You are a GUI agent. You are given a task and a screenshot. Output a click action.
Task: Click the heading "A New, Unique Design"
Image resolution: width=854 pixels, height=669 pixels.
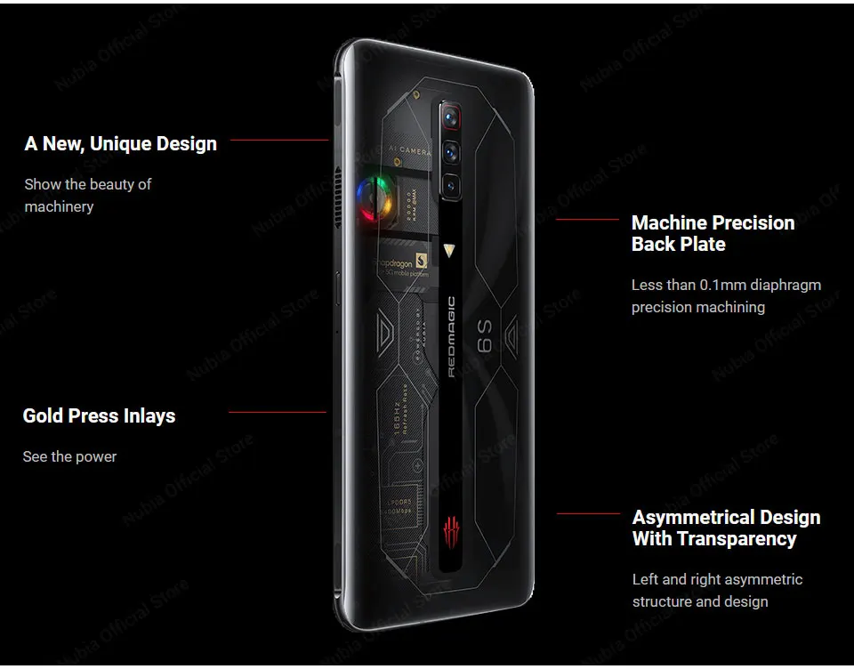point(120,143)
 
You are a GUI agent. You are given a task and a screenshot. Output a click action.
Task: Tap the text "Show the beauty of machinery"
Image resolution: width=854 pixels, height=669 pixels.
point(87,195)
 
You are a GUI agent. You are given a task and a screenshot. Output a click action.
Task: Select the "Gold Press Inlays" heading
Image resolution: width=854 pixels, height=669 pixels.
point(99,415)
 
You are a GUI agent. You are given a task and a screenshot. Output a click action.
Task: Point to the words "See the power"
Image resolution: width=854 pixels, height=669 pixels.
point(69,456)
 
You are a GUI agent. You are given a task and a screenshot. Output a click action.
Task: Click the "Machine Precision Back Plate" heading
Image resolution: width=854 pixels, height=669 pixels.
point(713,233)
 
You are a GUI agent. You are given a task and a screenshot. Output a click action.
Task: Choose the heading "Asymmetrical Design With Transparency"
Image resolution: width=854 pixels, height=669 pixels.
point(726,528)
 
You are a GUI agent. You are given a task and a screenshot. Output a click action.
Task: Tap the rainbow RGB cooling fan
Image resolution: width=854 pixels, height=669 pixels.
point(374,199)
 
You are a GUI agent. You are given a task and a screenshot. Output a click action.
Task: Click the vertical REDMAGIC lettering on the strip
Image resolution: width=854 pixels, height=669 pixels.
point(451,336)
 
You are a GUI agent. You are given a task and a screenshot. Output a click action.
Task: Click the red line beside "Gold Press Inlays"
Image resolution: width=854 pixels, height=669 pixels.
point(277,412)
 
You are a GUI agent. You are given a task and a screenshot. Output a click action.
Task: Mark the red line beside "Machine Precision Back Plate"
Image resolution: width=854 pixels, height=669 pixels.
point(587,219)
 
